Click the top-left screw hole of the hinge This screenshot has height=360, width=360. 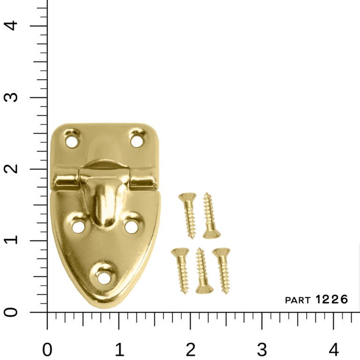pyautogui.click(x=72, y=140)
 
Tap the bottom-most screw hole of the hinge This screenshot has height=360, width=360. pyautogui.click(x=103, y=277)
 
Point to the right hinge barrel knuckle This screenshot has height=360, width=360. pyautogui.click(x=142, y=180)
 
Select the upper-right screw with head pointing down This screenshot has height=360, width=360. pyautogui.click(x=210, y=216)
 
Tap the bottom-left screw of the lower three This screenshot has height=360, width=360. pyautogui.click(x=181, y=270)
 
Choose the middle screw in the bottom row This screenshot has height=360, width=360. pyautogui.click(x=202, y=271)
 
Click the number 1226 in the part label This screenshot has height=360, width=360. pyautogui.click(x=331, y=299)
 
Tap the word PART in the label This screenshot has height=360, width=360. pyautogui.click(x=298, y=300)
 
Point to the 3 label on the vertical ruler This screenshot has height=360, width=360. pyautogui.click(x=14, y=97)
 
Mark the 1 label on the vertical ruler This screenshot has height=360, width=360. pyautogui.click(x=14, y=240)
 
